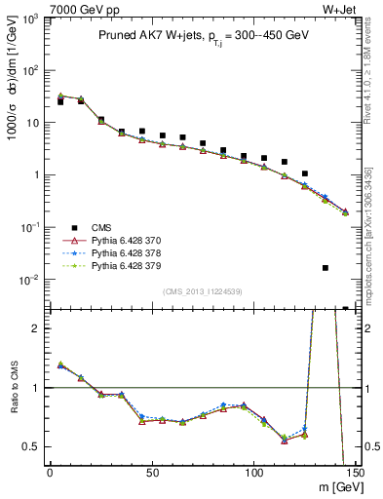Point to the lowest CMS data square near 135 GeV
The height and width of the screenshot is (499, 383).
326,267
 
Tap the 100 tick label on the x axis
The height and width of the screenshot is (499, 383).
253,474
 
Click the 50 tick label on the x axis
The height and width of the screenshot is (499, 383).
152,474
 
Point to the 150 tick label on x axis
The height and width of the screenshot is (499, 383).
355,474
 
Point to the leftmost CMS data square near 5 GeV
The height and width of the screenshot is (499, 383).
59,101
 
